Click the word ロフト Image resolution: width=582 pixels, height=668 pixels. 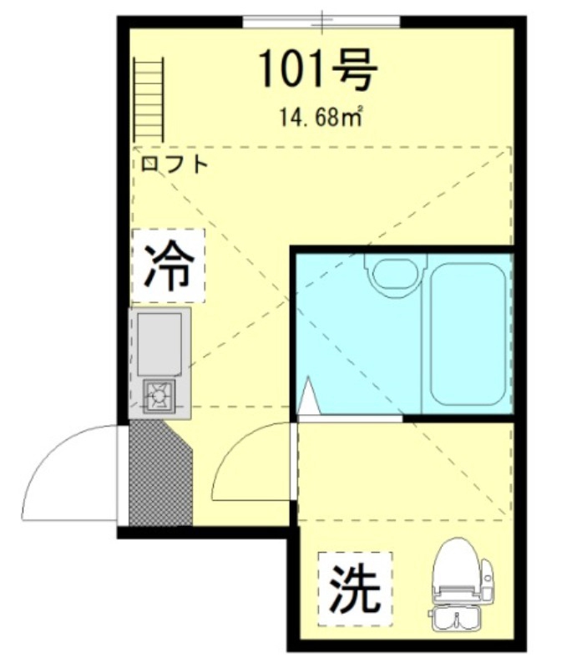(x=175, y=164)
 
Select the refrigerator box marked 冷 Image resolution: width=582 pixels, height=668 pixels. (x=168, y=266)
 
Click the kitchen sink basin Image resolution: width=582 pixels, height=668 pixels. (x=159, y=342)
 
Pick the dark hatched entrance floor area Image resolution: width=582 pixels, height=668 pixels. (x=160, y=473)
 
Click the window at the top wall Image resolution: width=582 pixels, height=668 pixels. (x=321, y=18)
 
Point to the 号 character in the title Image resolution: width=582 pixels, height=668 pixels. (x=356, y=69)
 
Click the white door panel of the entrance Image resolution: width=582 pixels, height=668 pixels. (x=124, y=474)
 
